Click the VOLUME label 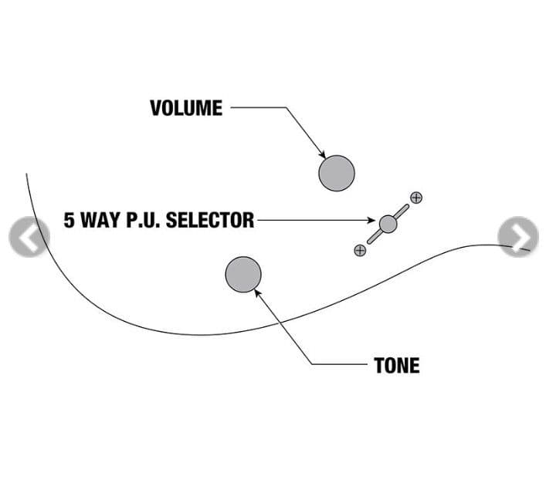(185, 108)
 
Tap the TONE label (397, 365)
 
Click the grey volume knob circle (337, 172)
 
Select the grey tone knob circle (243, 275)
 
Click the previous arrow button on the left (29, 238)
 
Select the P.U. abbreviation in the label (142, 221)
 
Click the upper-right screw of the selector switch (416, 198)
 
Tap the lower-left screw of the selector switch (360, 250)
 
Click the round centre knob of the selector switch (388, 224)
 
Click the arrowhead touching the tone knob (256, 291)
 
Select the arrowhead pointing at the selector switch (374, 221)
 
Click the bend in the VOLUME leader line (286, 108)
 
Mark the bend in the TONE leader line (313, 363)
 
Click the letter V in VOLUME (154, 108)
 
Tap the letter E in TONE (415, 365)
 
